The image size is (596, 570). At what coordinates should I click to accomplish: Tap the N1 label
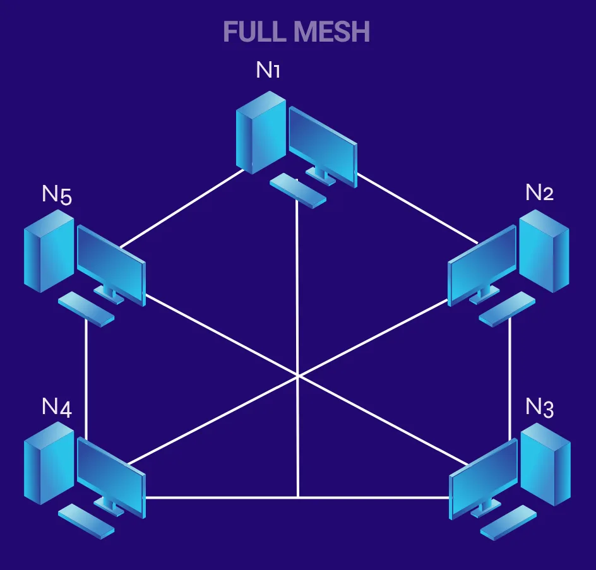click(x=268, y=70)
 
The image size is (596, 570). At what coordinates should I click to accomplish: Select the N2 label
click(x=539, y=193)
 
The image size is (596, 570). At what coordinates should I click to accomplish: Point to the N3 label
click(x=540, y=408)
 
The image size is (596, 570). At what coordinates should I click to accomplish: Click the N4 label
click(x=56, y=407)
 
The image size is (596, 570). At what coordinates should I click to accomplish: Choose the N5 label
click(x=56, y=194)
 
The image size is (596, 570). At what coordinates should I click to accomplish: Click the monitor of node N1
click(x=323, y=145)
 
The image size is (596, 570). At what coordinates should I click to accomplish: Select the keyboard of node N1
click(x=297, y=190)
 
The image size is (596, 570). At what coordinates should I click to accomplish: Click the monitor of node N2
click(x=482, y=265)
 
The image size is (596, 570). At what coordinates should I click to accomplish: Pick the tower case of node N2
click(x=544, y=251)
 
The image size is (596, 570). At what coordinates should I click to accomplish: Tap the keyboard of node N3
click(x=508, y=522)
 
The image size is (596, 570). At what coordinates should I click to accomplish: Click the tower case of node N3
click(x=545, y=463)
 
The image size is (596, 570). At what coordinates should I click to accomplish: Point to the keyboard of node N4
click(x=86, y=521)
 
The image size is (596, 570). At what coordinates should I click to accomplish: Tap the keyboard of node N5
click(x=86, y=309)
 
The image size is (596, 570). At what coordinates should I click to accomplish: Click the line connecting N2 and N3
click(x=510, y=379)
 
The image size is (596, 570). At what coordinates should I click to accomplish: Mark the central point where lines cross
click(x=297, y=376)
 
